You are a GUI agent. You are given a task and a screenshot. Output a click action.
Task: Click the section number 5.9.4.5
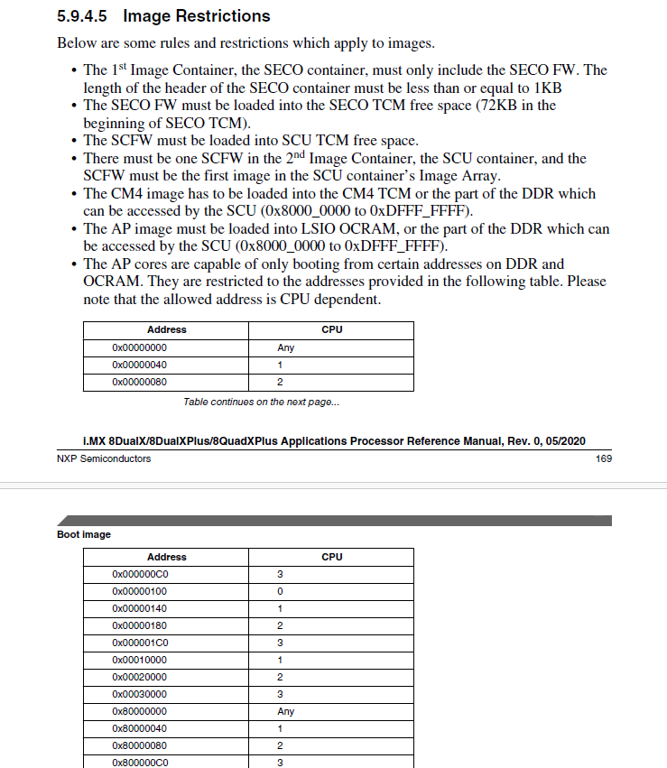[x=83, y=16]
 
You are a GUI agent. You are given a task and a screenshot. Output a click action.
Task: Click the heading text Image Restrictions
[x=196, y=16]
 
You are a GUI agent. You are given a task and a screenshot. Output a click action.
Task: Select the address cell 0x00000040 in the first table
[x=139, y=365]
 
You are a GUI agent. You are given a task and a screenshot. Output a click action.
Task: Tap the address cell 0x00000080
[x=139, y=382]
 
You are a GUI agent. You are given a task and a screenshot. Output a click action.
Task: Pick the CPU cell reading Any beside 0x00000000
[x=285, y=347]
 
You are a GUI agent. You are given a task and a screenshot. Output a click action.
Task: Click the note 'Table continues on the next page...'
[x=262, y=402]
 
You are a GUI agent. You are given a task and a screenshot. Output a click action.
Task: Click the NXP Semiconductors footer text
[x=104, y=458]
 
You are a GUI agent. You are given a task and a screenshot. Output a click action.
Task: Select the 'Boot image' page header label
[x=84, y=534]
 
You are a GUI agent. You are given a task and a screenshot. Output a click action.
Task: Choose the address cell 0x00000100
[x=139, y=591]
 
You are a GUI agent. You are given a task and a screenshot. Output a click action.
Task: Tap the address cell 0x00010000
[x=139, y=660]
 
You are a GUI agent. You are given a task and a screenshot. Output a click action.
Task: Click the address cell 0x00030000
[x=139, y=694]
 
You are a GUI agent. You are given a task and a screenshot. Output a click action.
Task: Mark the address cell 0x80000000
[x=139, y=711]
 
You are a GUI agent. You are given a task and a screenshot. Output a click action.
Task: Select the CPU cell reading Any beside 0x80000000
[x=285, y=711]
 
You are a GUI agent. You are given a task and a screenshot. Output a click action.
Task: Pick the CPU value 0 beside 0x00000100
[x=280, y=591]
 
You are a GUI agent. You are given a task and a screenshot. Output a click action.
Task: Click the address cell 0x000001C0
[x=141, y=643]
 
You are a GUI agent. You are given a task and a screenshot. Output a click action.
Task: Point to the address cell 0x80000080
[x=139, y=745]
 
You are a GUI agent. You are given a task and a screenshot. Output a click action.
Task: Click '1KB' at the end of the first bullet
[x=549, y=88]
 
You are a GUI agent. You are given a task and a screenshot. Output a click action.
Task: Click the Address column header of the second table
[x=166, y=557]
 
